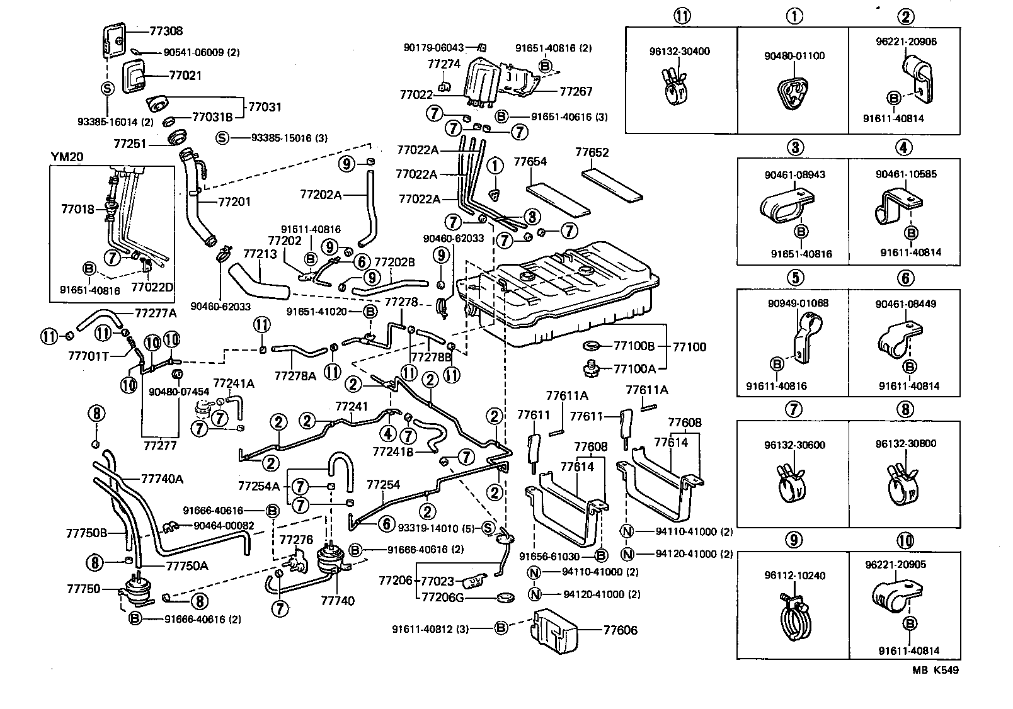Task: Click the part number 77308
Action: coord(166,30)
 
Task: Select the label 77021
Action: coord(185,76)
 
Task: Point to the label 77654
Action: coord(530,162)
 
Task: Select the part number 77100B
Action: coord(634,346)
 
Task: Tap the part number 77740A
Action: coord(162,479)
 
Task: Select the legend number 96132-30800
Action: coord(905,444)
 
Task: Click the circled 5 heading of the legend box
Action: coord(795,277)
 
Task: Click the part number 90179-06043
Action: coord(433,47)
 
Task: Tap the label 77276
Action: coord(296,540)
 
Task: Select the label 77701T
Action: coord(88,356)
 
